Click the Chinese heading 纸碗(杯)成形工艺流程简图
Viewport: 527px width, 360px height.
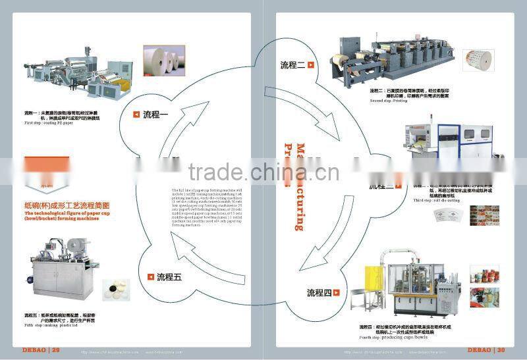[x=59, y=203]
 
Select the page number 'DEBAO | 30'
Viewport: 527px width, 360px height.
[x=485, y=349]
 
